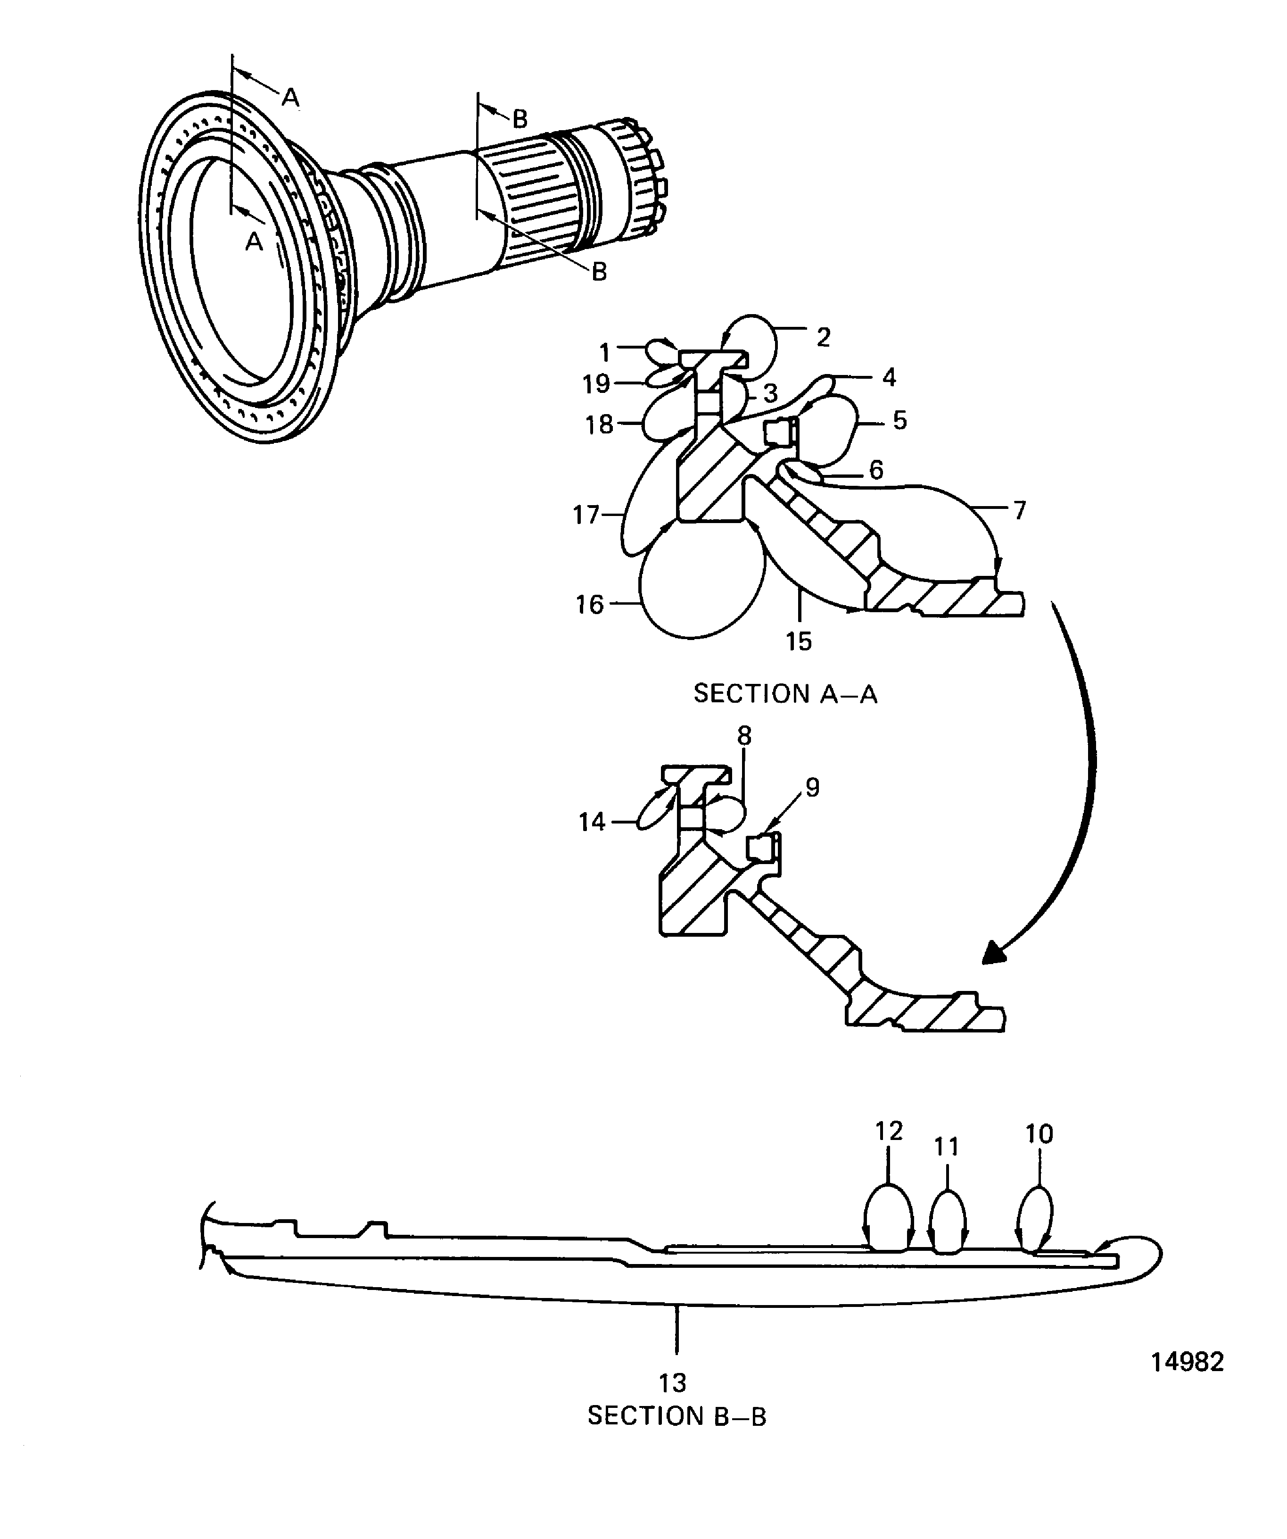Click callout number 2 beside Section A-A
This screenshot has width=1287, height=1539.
823,338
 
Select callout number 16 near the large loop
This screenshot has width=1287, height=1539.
590,605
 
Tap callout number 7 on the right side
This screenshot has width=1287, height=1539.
1019,510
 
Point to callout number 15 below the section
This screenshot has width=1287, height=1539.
799,641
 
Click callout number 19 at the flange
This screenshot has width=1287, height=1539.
596,383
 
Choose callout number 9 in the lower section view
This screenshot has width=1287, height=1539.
812,787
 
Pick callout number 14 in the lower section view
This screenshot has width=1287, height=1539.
592,822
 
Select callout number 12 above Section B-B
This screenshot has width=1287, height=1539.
889,1131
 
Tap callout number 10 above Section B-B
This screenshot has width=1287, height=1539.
1039,1134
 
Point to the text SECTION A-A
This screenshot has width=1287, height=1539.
785,693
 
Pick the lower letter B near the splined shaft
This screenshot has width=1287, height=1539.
599,272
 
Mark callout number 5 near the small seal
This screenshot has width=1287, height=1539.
899,421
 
